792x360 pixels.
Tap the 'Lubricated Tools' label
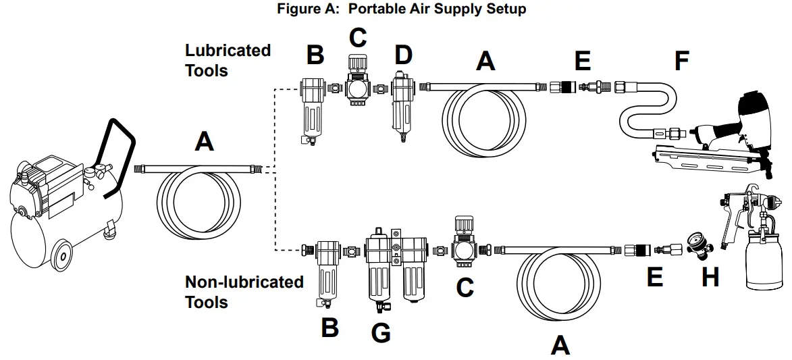[228, 60]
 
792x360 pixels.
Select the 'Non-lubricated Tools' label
[244, 291]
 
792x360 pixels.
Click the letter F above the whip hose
[681, 61]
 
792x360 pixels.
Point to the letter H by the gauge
[710, 276]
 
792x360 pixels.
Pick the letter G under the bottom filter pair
[381, 332]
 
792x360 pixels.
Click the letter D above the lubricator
[403, 55]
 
